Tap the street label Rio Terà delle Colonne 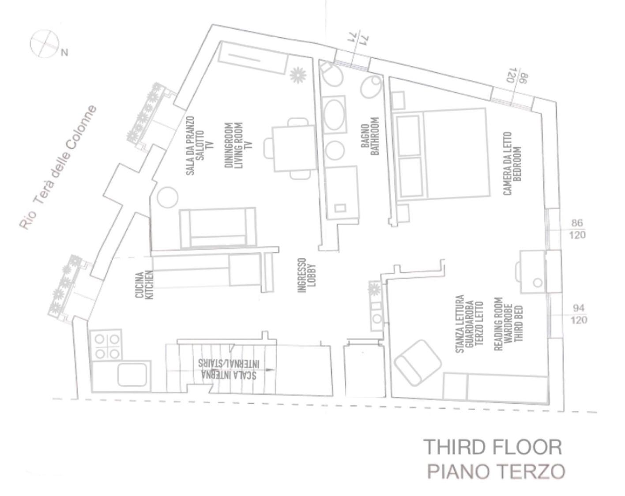tap(58, 168)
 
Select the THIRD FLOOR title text tap(493, 447)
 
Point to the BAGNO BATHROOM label tap(370, 136)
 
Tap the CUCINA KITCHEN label tap(144, 285)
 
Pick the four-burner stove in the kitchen tap(106, 345)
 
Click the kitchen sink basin tap(132, 376)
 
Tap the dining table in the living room tap(294, 149)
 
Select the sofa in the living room tap(218, 227)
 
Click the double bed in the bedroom tap(441, 153)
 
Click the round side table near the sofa tap(167, 197)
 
